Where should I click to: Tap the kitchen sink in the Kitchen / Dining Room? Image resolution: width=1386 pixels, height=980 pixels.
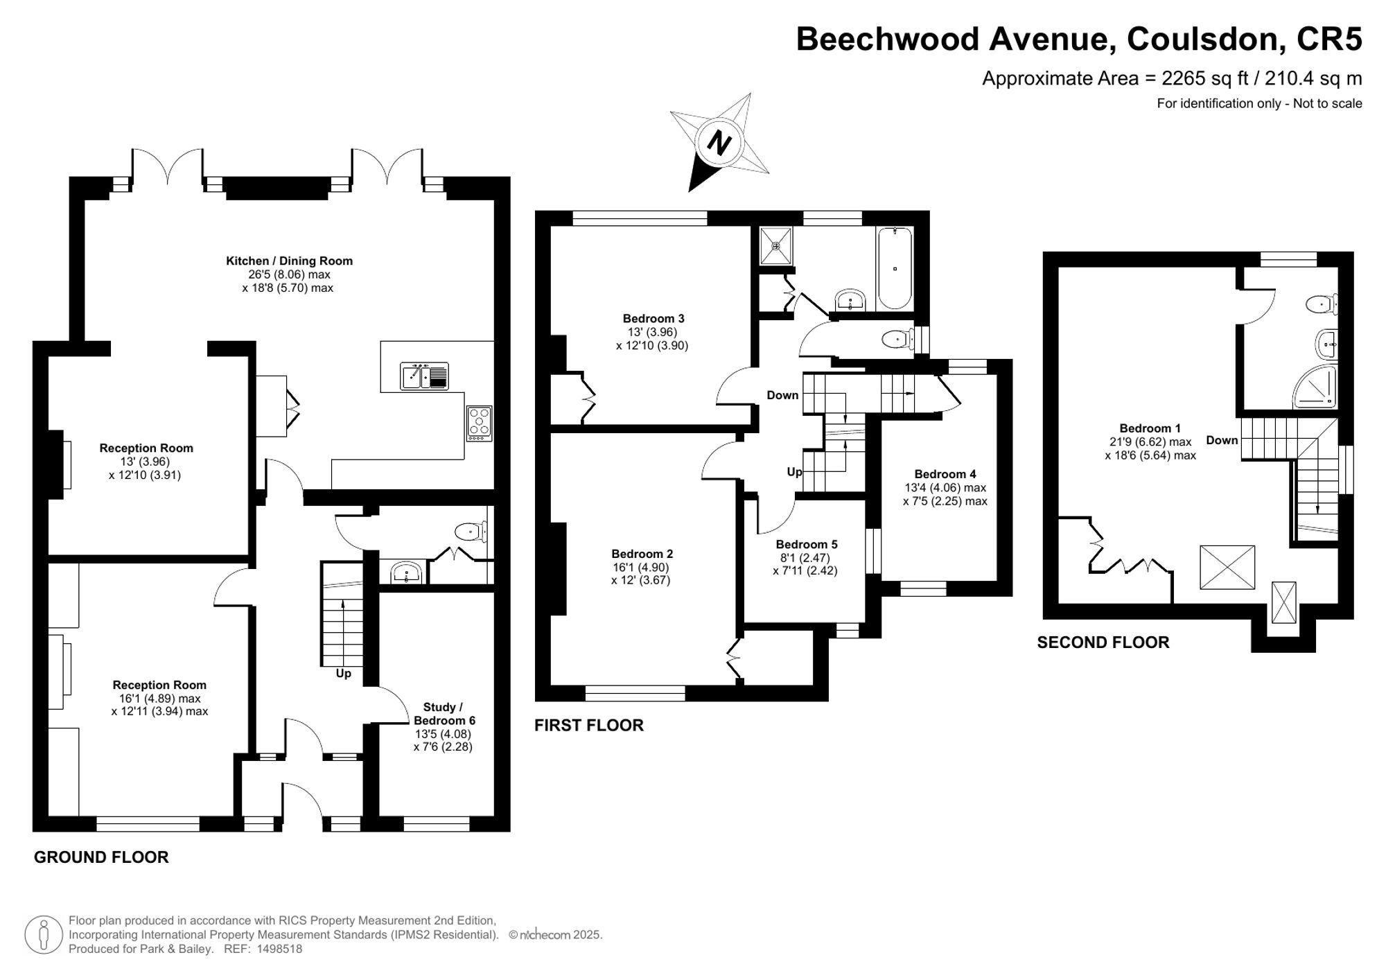425,376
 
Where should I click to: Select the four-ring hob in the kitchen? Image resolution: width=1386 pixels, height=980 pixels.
480,423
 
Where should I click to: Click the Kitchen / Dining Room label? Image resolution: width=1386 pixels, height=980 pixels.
289,261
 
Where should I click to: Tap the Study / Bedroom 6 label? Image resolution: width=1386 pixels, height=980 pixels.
444,714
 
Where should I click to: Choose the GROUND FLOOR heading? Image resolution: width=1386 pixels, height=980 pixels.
101,857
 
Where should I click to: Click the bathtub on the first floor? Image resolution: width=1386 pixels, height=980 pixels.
894,268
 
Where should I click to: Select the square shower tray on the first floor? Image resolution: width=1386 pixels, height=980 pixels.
776,245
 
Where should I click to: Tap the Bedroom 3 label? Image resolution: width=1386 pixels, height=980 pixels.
653,319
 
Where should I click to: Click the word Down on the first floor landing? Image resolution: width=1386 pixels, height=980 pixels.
782,395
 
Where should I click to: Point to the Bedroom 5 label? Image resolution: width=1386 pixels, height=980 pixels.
807,545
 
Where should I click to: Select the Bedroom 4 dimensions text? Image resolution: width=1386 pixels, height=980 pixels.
945,494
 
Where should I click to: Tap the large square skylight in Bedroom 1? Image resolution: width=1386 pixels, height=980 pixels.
1227,567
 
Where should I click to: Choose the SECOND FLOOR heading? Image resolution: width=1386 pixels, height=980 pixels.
1103,642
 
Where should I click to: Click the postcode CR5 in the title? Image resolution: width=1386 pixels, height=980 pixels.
1329,39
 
